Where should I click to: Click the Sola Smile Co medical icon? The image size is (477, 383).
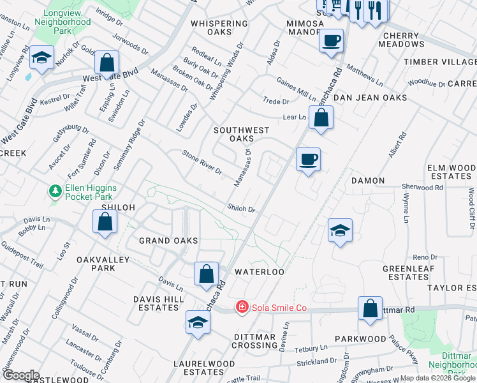(x=242, y=308)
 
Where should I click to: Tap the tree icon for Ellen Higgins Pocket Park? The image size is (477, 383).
(x=56, y=191)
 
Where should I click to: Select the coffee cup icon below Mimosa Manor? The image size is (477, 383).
(x=331, y=41)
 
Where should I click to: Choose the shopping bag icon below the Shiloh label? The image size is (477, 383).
(x=105, y=222)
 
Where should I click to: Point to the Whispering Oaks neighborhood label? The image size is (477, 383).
(x=219, y=27)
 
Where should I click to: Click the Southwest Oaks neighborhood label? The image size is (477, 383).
(x=242, y=134)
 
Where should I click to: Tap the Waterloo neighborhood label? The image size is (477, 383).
(x=259, y=271)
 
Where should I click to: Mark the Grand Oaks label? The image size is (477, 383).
(x=168, y=241)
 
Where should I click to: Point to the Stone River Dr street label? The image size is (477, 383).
(x=202, y=163)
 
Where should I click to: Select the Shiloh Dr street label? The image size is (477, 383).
(x=242, y=209)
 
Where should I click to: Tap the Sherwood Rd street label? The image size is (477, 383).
(x=422, y=188)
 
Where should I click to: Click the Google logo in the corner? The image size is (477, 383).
(x=20, y=375)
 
